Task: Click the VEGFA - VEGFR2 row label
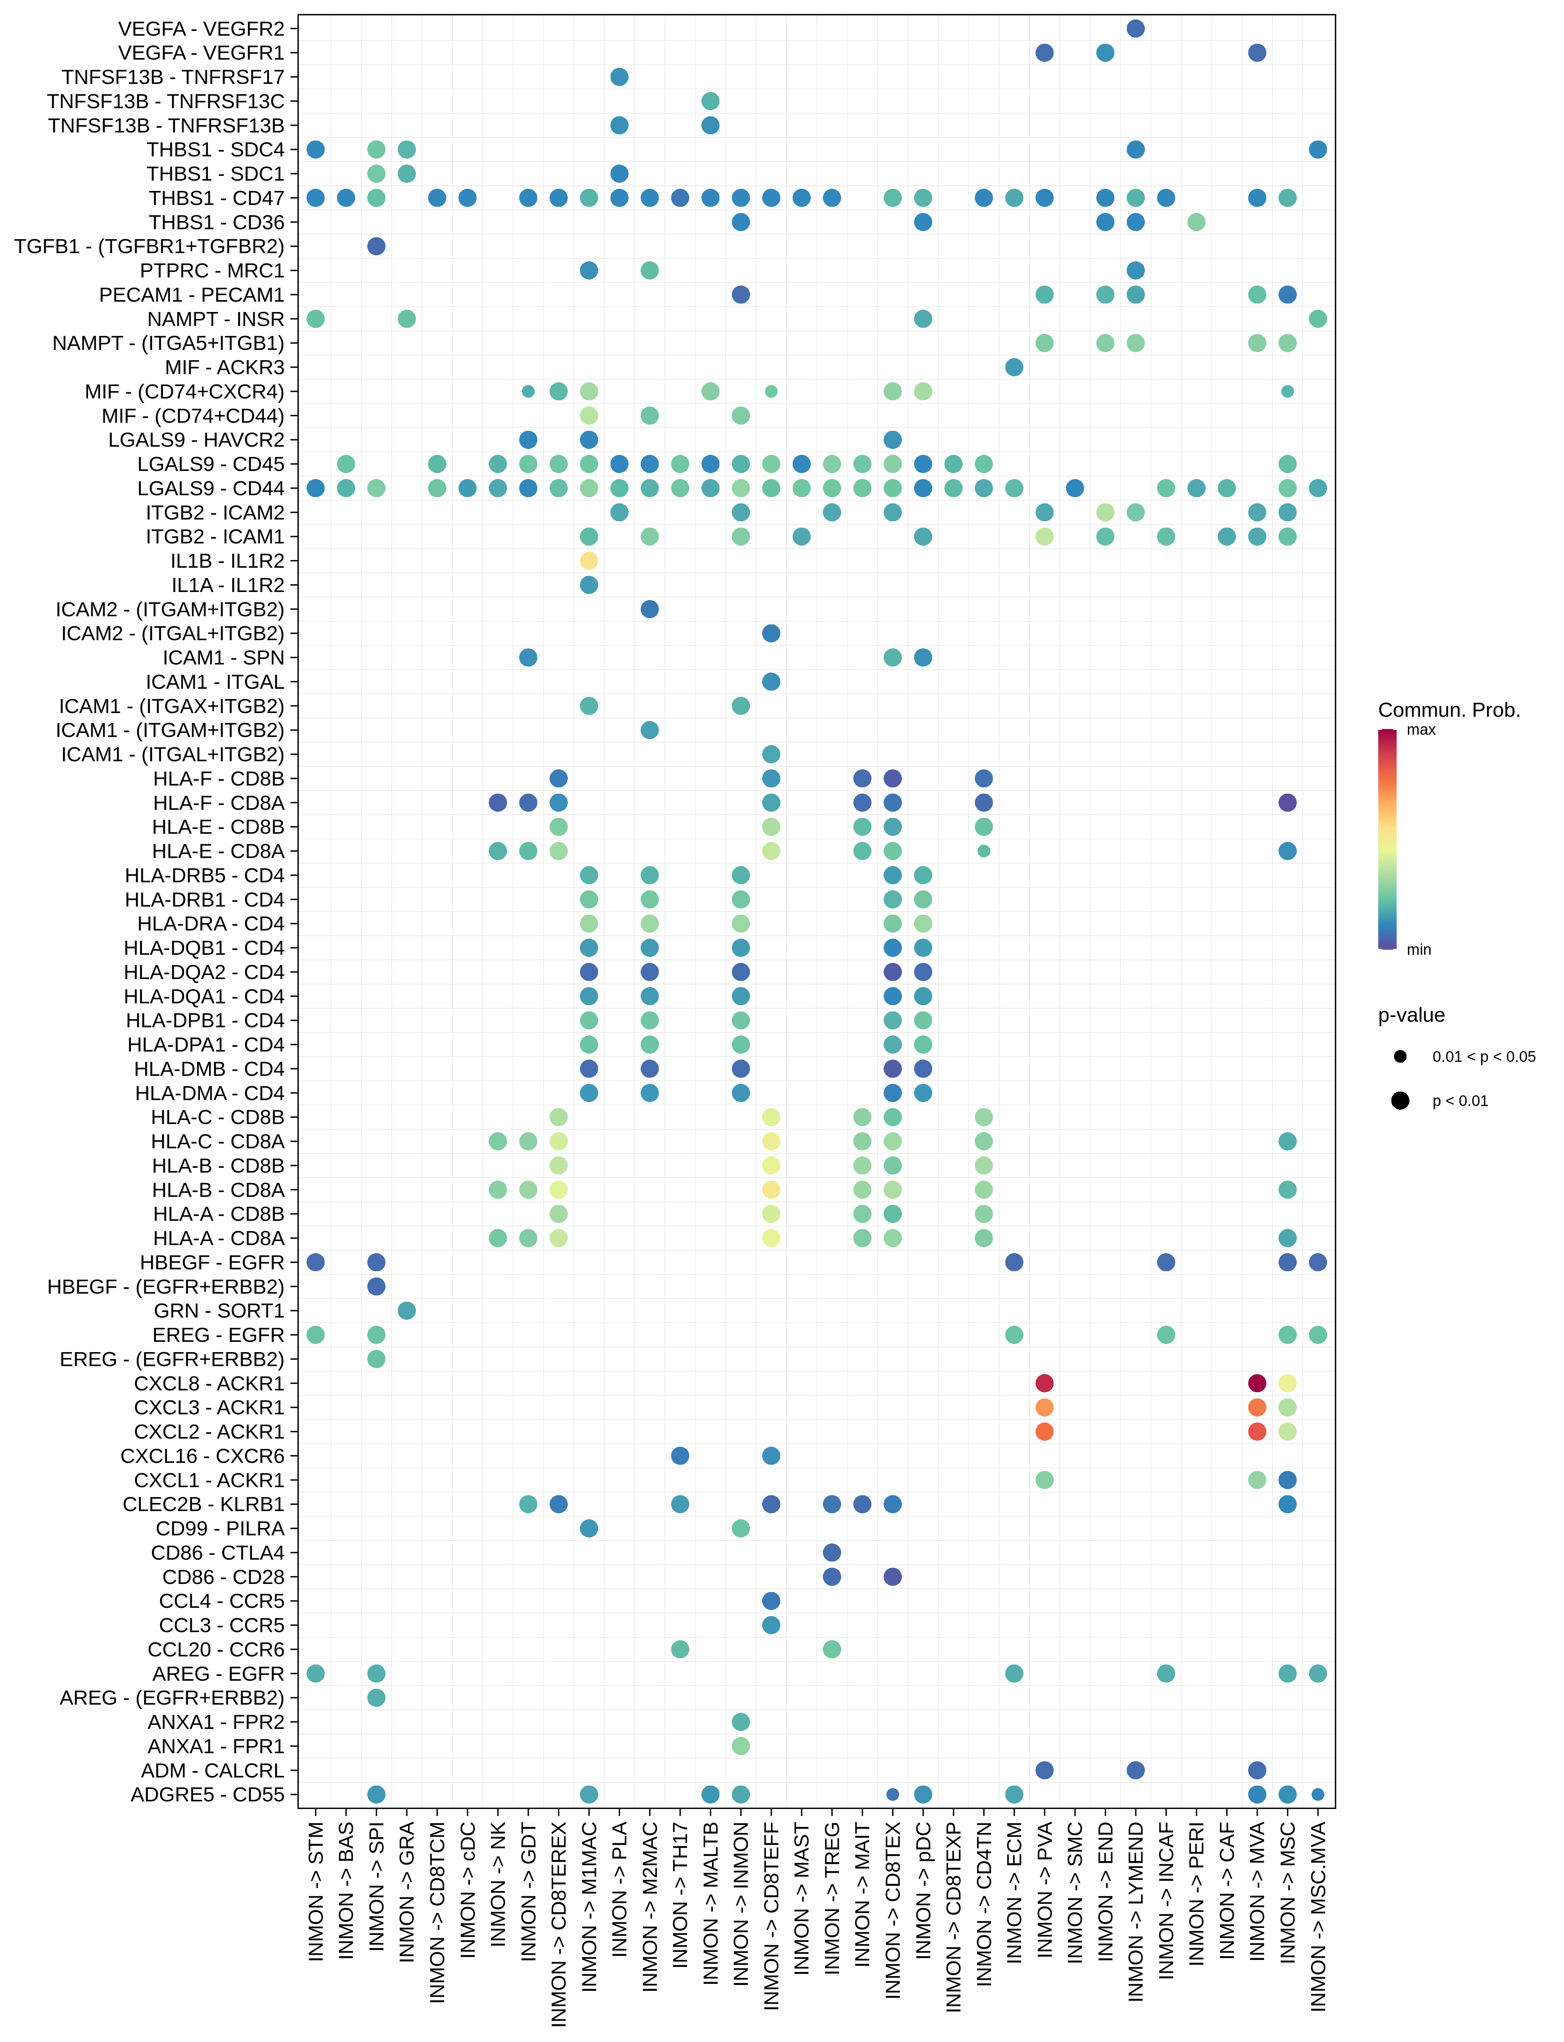[x=201, y=29]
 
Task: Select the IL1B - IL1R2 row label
[x=227, y=561]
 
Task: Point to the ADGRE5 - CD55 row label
[x=208, y=1794]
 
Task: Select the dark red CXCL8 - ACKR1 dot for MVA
[x=1257, y=1383]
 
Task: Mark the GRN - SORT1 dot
[x=407, y=1311]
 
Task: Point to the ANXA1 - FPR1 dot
[x=741, y=1746]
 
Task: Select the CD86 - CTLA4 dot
[x=832, y=1552]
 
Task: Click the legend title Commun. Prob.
[x=1448, y=710]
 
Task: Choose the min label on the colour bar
[x=1419, y=949]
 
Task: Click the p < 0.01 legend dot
[x=1400, y=1101]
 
